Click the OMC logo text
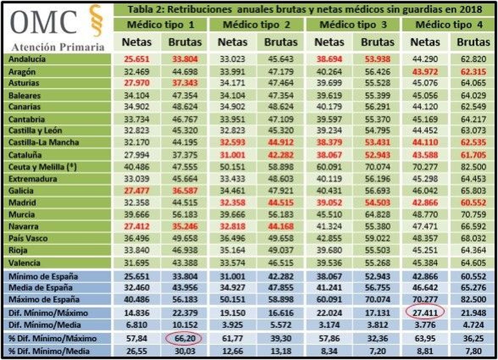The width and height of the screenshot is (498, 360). [x=44, y=22]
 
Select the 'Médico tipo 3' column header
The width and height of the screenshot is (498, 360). [x=353, y=25]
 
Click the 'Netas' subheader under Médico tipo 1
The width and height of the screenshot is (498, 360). [x=136, y=42]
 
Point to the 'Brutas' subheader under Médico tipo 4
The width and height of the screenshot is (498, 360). [x=473, y=42]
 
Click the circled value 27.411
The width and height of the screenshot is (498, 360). [x=425, y=313]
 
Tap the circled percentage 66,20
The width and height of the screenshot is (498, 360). [x=185, y=339]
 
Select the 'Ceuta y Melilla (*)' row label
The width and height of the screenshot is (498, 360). [x=42, y=167]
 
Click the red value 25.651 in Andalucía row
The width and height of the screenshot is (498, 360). [x=136, y=59]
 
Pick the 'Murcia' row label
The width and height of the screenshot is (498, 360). [x=21, y=215]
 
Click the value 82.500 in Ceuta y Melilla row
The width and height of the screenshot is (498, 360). [x=473, y=167]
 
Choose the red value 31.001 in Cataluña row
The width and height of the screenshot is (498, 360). [x=233, y=155]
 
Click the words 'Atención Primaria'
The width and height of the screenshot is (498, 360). [x=58, y=47]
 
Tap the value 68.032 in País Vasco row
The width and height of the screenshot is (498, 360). [x=473, y=239]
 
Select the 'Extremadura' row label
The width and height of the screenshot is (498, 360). [x=33, y=179]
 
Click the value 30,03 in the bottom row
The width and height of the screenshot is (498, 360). [x=185, y=351]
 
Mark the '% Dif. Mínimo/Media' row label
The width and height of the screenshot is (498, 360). [x=49, y=351]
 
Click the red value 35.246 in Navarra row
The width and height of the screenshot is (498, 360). [x=185, y=226]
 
